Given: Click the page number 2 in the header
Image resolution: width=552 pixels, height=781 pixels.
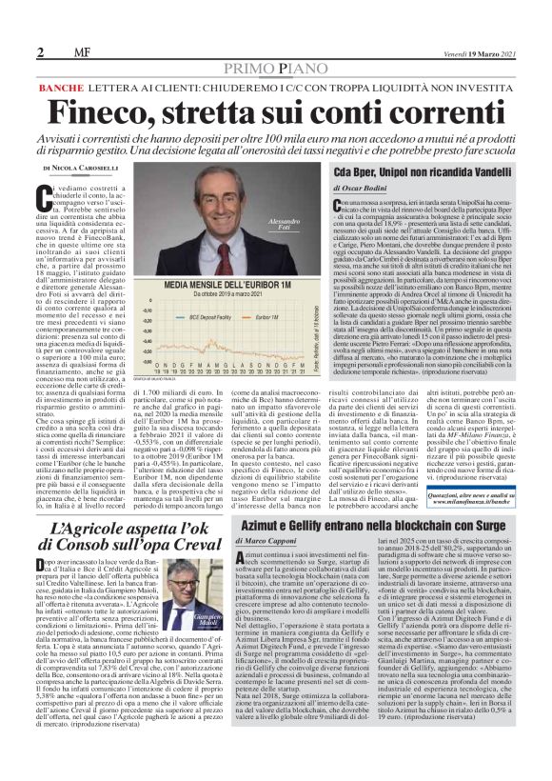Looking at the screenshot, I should [x=41, y=51].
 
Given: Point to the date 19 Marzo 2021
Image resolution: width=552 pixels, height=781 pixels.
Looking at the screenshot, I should [x=487, y=50].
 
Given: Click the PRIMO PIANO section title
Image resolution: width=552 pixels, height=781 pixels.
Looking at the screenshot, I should [x=276, y=69].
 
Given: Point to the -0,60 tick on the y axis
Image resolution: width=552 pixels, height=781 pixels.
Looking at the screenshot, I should [x=147, y=351].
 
